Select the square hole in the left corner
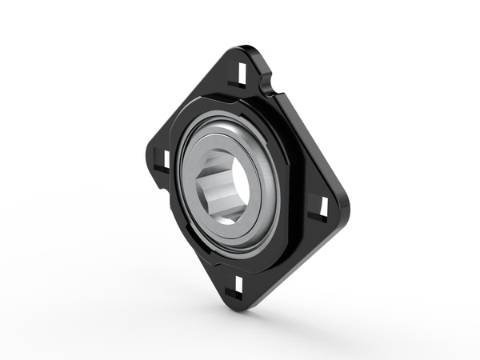(x=161, y=158)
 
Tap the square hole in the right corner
(x=324, y=207)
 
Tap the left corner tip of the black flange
(x=149, y=152)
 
